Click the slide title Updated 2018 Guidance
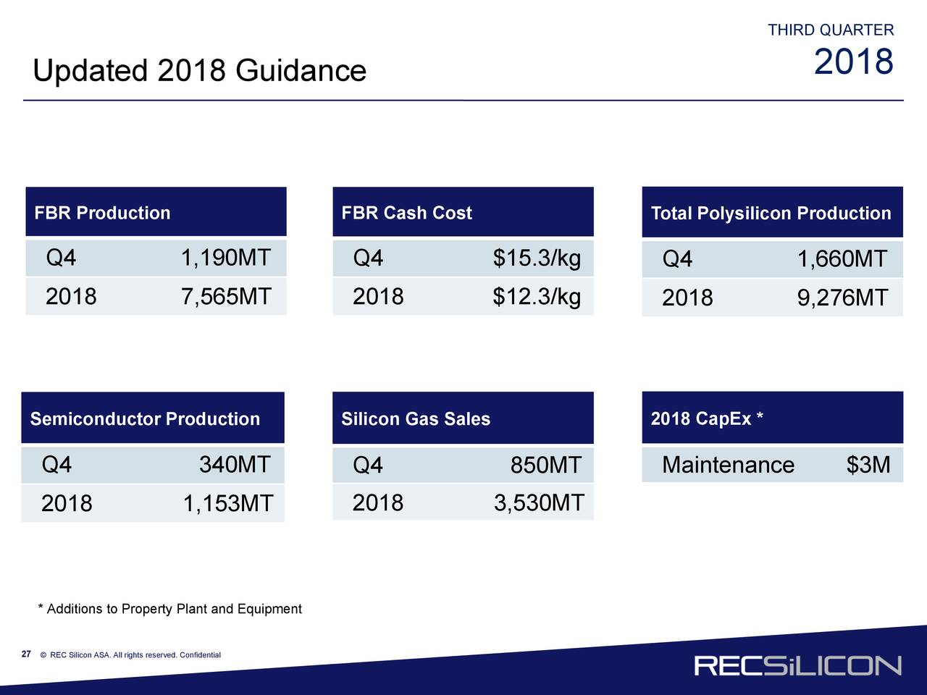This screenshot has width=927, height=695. (x=199, y=71)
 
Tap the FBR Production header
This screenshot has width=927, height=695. (x=102, y=213)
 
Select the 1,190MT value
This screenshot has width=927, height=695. (x=225, y=258)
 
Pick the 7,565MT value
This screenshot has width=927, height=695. (x=225, y=296)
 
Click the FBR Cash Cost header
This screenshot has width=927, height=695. (x=406, y=213)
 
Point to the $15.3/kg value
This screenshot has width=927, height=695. (x=537, y=258)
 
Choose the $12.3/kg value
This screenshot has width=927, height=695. (x=537, y=297)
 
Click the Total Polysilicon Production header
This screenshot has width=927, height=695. (x=771, y=214)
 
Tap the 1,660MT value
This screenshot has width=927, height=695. (x=842, y=259)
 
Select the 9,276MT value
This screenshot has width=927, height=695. (x=842, y=298)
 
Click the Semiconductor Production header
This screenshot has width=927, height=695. (x=145, y=419)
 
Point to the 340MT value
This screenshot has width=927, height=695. (x=235, y=464)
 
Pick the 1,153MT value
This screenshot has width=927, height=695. (x=227, y=503)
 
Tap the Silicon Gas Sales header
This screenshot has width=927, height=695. (x=416, y=419)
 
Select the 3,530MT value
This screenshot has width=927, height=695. (x=538, y=502)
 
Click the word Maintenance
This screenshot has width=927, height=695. (x=728, y=465)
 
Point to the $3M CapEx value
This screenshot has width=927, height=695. (x=868, y=465)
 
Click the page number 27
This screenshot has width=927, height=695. (x=26, y=654)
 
